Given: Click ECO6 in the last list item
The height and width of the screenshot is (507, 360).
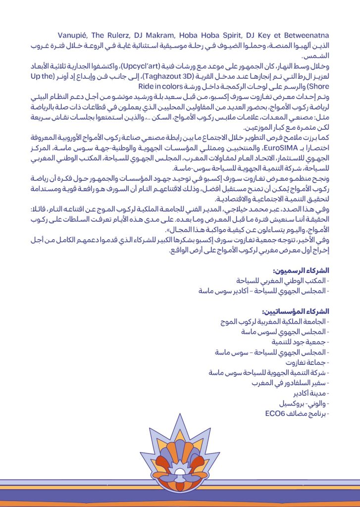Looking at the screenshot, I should pyautogui.click(x=276, y=414).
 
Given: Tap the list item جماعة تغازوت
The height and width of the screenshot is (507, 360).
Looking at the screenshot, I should pyautogui.click(x=307, y=363).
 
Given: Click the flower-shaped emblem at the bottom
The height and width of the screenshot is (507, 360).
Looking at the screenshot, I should pyautogui.click(x=180, y=458).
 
